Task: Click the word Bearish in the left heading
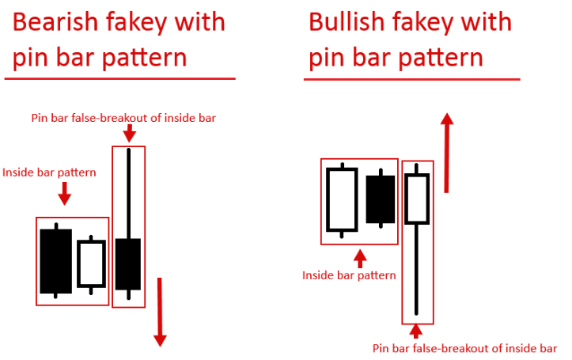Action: point(56,22)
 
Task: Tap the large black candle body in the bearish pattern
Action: point(56,261)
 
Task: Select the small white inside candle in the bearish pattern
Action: point(91,263)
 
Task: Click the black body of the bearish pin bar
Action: point(128,264)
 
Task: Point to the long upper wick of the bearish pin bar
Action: point(128,193)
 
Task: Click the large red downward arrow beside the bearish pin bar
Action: point(160,312)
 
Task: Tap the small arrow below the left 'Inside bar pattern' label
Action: point(65,193)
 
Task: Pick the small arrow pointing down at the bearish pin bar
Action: point(129,133)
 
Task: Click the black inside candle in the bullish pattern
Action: point(381,199)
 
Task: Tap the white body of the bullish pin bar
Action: point(417,199)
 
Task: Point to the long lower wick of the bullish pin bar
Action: point(416,270)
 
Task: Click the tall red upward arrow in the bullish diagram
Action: point(446,153)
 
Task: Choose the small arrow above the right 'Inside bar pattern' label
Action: point(360,259)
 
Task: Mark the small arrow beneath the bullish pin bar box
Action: point(416,332)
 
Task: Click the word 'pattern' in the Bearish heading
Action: point(144,59)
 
